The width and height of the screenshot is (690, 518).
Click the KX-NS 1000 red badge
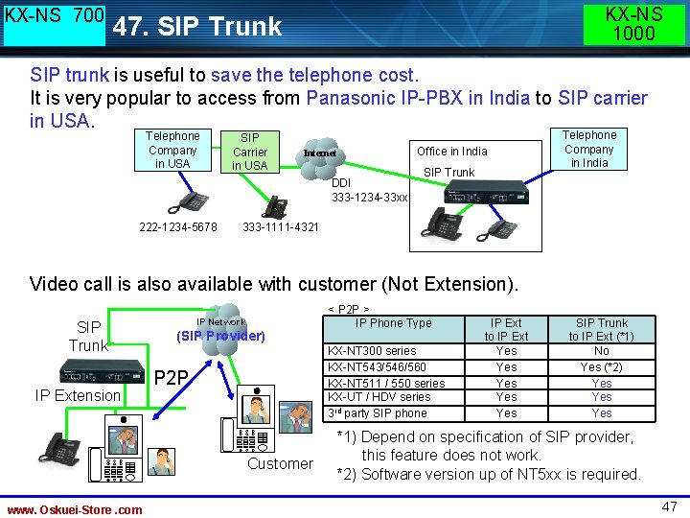[x=633, y=24]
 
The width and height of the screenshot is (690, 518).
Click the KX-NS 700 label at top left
[x=55, y=17]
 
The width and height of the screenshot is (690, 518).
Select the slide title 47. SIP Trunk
[x=197, y=27]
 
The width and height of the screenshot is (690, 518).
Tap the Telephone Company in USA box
[x=172, y=150]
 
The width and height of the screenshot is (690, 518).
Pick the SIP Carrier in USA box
[x=249, y=152]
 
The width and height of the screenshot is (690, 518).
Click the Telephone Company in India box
[x=589, y=149]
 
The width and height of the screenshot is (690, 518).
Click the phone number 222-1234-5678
[x=178, y=227]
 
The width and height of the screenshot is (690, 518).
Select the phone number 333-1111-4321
[x=281, y=227]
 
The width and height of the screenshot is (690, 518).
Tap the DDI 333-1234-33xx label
[x=369, y=190]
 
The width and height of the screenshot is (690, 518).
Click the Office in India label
[x=451, y=151]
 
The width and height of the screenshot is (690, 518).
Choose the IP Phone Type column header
[x=393, y=323]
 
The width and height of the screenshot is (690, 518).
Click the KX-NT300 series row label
[x=372, y=351]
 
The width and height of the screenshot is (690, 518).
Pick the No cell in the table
[x=601, y=351]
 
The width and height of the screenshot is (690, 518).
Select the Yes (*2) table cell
[x=601, y=366]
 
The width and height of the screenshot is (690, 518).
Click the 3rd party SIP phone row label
[x=378, y=413]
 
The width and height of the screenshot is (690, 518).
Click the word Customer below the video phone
[x=280, y=463]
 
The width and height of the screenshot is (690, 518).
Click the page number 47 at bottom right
[x=668, y=506]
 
